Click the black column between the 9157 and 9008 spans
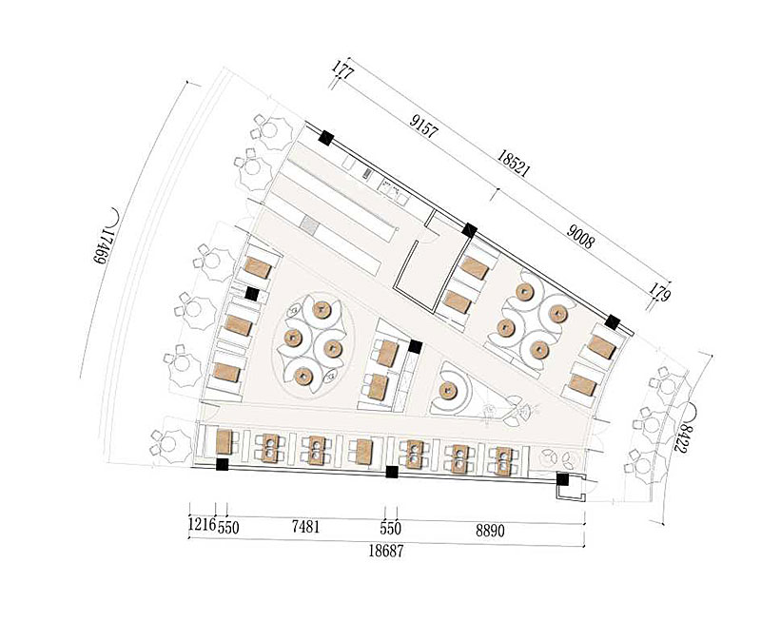(x=469, y=229)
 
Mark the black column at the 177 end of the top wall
(x=325, y=138)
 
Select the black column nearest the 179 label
(x=614, y=321)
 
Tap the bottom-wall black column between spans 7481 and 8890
(x=391, y=471)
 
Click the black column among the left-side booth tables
(x=251, y=294)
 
